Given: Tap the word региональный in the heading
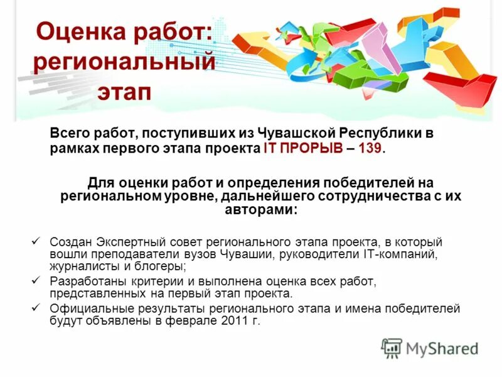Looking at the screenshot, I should coord(124,63).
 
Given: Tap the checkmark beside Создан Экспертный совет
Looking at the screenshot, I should coord(36,241).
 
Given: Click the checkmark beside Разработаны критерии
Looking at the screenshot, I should coord(36,281).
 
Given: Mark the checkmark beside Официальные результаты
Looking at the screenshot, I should coord(36,308).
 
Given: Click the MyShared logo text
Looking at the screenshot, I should coord(441,348).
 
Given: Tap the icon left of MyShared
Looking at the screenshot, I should coord(392,348).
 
